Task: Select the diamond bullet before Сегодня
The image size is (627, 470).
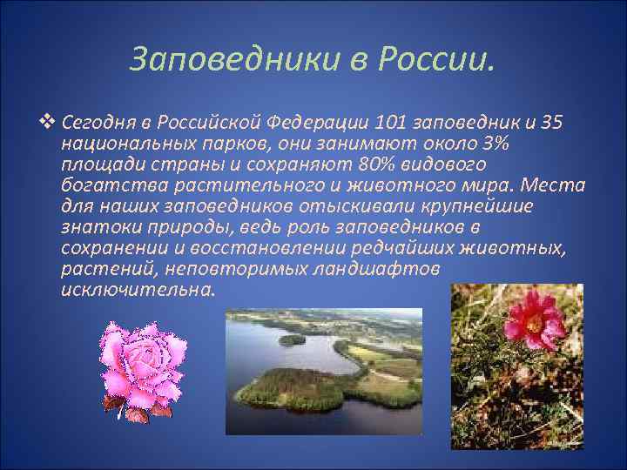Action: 48,121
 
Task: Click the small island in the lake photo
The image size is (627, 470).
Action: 292,339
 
